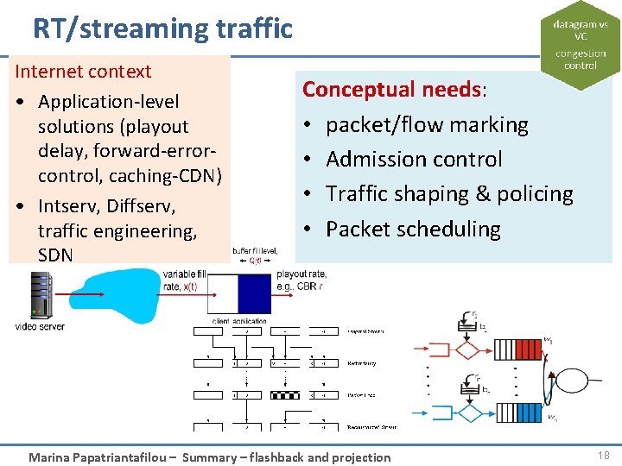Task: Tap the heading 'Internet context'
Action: pyautogui.click(x=83, y=72)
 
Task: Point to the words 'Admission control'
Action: pyautogui.click(x=414, y=160)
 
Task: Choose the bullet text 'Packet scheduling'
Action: pyautogui.click(x=413, y=230)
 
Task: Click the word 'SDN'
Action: pyautogui.click(x=56, y=255)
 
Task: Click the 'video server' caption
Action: pyautogui.click(x=40, y=326)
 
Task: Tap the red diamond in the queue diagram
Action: pyautogui.click(x=466, y=350)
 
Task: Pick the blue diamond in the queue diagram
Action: pyautogui.click(x=466, y=413)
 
